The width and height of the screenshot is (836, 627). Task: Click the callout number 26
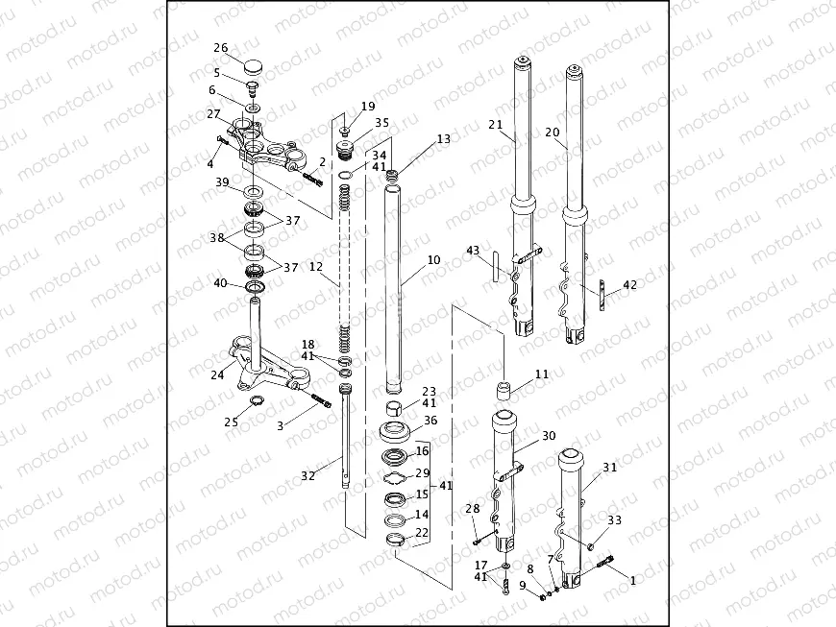(x=220, y=48)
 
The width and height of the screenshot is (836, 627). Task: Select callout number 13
(x=442, y=139)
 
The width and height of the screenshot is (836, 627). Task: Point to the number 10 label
(x=433, y=260)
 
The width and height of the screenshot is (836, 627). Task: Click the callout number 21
(x=495, y=125)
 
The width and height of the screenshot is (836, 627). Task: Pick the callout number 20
(x=552, y=133)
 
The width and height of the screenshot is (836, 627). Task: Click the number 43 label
(x=472, y=251)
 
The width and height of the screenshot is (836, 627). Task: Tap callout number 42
(x=629, y=285)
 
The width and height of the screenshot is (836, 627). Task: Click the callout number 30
(x=548, y=436)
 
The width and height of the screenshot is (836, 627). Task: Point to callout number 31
(x=610, y=468)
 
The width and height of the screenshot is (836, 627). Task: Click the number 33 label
(x=614, y=519)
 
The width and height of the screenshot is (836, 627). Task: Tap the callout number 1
(x=631, y=581)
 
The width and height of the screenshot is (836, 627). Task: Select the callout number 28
(x=472, y=508)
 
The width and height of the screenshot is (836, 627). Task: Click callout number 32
(x=307, y=474)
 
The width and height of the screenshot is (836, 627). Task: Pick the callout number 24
(x=218, y=375)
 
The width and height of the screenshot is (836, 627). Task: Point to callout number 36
(x=430, y=421)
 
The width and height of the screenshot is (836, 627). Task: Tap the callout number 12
(x=315, y=269)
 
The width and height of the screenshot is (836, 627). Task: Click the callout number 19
(x=368, y=106)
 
